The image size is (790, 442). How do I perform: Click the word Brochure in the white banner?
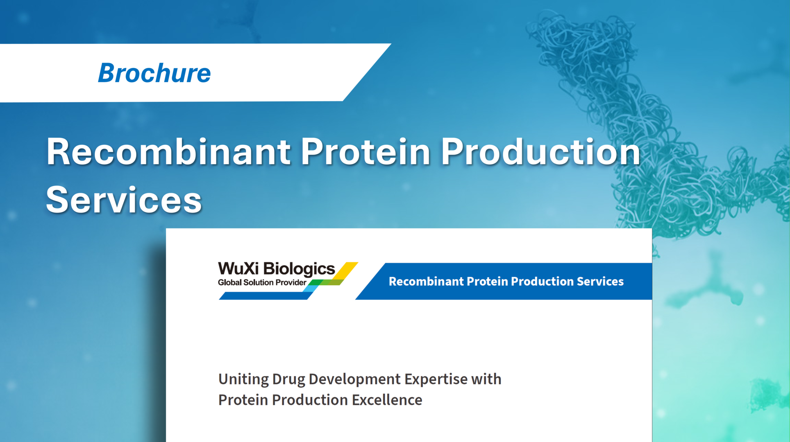(154, 73)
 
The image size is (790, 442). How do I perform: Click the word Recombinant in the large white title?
(168, 152)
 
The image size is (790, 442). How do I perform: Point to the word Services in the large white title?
(124, 200)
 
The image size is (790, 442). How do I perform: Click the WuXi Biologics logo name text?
(276, 269)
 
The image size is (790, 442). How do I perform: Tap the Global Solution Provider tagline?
(262, 282)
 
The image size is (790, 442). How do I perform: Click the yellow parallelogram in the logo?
(347, 270)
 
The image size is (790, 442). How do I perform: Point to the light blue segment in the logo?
(310, 289)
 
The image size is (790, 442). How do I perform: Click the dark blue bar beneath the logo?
(264, 296)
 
